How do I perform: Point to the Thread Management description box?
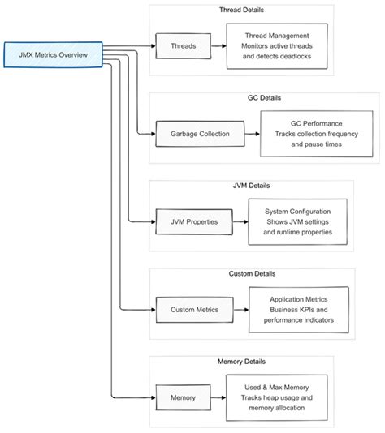[x=279, y=46]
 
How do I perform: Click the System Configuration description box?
[x=297, y=221]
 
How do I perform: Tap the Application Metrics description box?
[x=298, y=309]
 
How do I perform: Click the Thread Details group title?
[x=241, y=11]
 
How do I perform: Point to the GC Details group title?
[x=263, y=98]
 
